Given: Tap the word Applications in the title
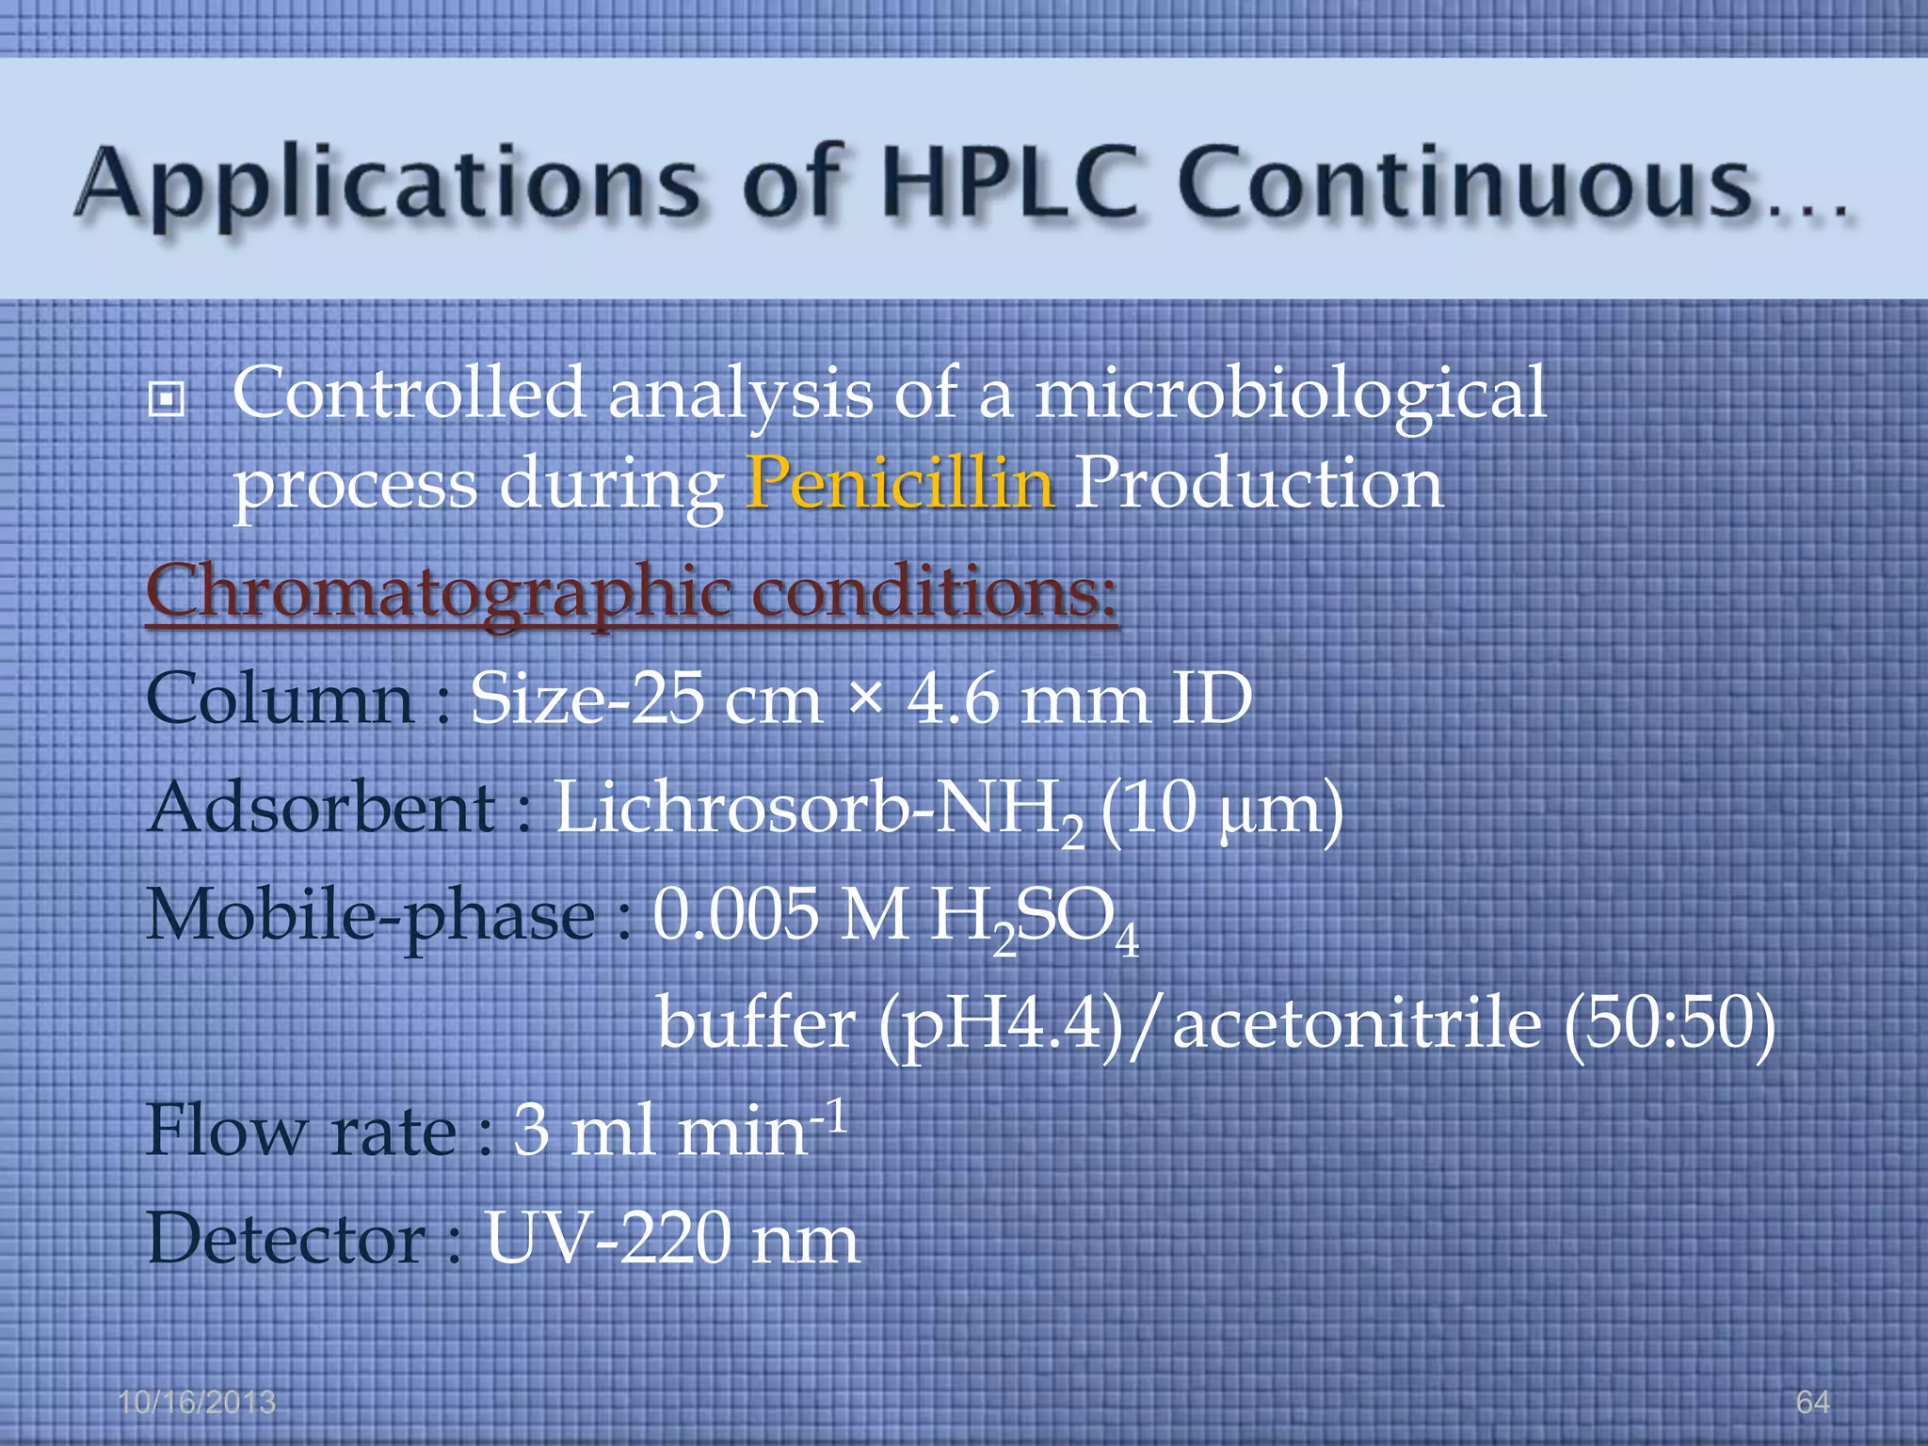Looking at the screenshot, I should [387, 184].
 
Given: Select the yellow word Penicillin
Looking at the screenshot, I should [899, 483].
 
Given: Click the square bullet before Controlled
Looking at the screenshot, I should [167, 400].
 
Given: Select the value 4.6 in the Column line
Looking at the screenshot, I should [953, 699].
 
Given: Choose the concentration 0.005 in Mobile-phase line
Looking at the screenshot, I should [736, 915].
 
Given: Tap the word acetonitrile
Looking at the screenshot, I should [1357, 1023].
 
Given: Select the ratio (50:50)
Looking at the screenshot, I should [1669, 1023].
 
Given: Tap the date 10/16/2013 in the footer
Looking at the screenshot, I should [197, 1403].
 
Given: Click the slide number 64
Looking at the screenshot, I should [1812, 1403].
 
